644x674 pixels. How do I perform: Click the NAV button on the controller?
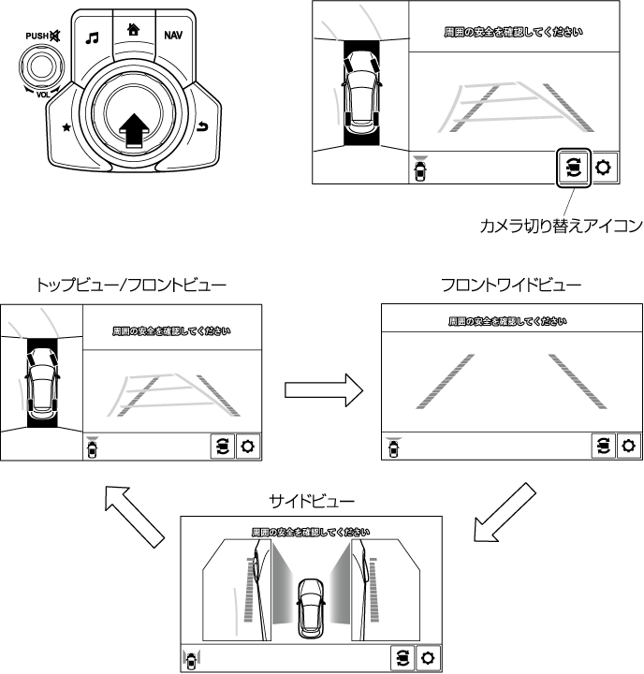click(173, 36)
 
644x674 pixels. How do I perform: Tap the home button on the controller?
click(133, 29)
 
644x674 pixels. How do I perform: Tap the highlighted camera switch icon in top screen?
click(573, 168)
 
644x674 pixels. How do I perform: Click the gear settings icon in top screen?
click(603, 168)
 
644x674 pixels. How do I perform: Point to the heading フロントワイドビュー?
click(511, 284)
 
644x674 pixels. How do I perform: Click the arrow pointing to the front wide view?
click(322, 387)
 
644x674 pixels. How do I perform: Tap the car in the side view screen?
click(310, 608)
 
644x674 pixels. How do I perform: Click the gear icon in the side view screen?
click(428, 657)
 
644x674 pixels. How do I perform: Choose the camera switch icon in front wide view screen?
click(603, 446)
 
